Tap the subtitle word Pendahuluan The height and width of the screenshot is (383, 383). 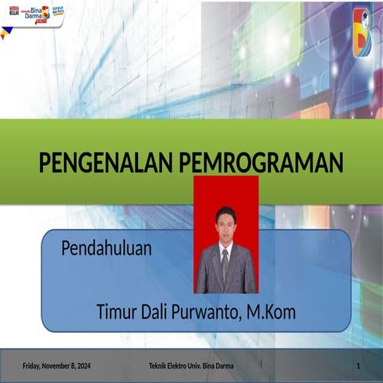tap(106, 249)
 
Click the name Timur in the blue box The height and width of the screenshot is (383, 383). tap(118, 312)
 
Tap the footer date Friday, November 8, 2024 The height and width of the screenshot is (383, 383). tap(56, 365)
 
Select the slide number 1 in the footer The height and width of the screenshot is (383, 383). tap(359, 365)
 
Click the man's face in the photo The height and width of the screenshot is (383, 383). tap(226, 222)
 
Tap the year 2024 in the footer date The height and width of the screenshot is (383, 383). tap(82, 365)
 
